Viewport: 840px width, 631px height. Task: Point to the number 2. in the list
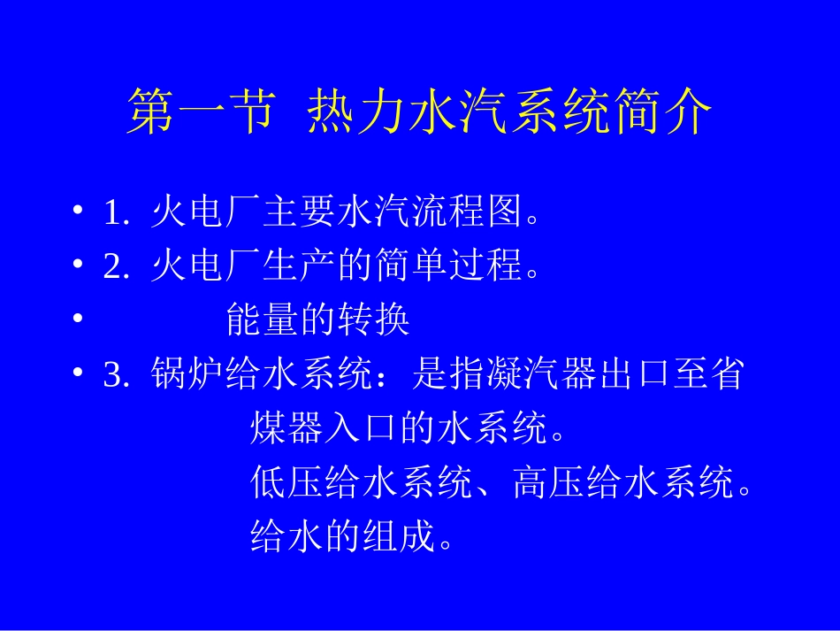(117, 266)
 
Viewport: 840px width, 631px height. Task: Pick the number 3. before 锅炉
(117, 375)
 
